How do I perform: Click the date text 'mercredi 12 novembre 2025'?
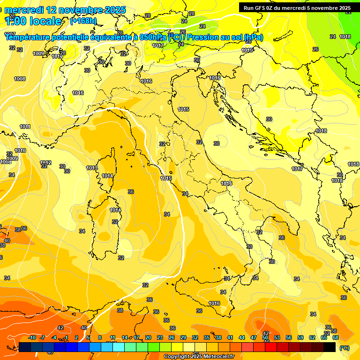[x=65, y=10]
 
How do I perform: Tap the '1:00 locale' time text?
[x=33, y=21]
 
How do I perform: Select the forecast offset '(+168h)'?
[x=83, y=21]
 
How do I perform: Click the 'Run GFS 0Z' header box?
[x=297, y=8]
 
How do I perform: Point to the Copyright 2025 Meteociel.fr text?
[x=198, y=357]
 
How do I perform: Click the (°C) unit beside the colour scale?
[x=344, y=348]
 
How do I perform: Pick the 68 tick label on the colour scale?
[x=336, y=337]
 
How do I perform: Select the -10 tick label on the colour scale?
[x=32, y=337]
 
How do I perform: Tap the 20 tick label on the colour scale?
[x=148, y=337]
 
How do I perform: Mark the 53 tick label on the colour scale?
[x=277, y=337]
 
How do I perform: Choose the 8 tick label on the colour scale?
[x=100, y=337]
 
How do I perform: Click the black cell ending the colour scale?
[x=330, y=347]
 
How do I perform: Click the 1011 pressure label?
[x=25, y=127]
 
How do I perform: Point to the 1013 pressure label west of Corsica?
[x=92, y=168]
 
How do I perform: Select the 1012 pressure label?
[x=45, y=162]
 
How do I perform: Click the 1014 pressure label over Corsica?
[x=108, y=176]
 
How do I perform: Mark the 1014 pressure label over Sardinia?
[x=115, y=210]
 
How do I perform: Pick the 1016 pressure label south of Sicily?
[x=214, y=303]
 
